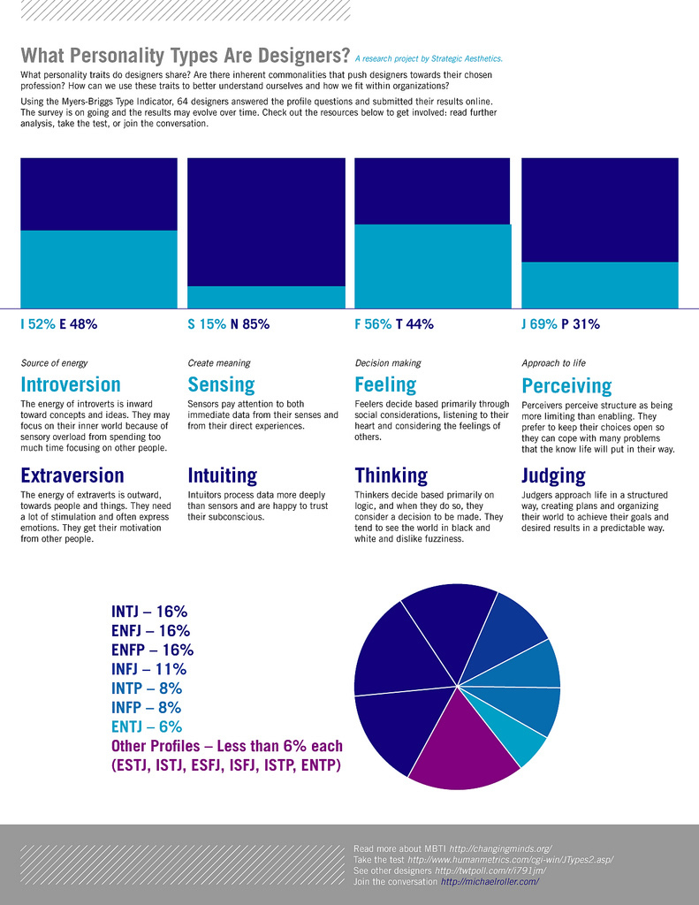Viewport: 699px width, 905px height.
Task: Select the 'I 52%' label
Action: [38, 324]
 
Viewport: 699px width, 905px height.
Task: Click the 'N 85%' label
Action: [250, 324]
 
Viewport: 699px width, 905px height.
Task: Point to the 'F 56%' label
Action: [373, 324]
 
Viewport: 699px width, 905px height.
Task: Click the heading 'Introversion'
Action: [71, 384]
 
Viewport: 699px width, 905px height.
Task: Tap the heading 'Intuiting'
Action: [222, 476]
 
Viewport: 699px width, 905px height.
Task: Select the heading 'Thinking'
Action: [391, 476]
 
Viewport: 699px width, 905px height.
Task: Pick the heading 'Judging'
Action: [553, 476]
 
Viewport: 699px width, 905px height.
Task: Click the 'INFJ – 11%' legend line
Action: [148, 669]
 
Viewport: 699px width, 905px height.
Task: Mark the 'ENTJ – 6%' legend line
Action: [147, 726]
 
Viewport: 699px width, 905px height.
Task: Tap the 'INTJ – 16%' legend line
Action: [149, 612]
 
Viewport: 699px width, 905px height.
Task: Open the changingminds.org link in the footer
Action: [500, 848]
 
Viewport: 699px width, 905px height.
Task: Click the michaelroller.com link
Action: [490, 882]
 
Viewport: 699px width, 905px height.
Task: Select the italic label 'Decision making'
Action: [388, 363]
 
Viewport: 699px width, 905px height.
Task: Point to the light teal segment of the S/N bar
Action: [266, 297]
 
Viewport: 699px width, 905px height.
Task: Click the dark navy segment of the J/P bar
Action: [600, 209]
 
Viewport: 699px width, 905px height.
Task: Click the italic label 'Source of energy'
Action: [54, 363]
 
